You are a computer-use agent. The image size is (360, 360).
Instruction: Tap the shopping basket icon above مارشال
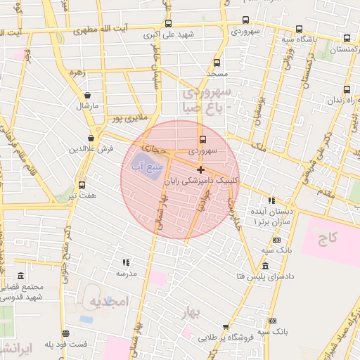pyautogui.click(x=88, y=95)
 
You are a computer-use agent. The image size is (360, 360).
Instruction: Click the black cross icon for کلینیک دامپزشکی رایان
pyautogui.click(x=200, y=169)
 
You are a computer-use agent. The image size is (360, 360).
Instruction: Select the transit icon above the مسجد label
pyautogui.click(x=217, y=63)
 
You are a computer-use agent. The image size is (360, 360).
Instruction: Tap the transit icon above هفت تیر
pyautogui.click(x=82, y=186)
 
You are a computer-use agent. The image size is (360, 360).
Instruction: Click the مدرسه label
pyautogui.click(x=125, y=273)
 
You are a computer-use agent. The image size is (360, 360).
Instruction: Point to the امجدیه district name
pyautogui.click(x=110, y=302)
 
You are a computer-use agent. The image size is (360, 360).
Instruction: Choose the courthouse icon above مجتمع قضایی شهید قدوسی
pyautogui.click(x=21, y=275)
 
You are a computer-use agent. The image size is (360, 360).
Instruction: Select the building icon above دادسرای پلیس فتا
pyautogui.click(x=265, y=266)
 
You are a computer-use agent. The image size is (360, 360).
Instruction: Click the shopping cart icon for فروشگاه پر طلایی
pyautogui.click(x=225, y=327)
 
